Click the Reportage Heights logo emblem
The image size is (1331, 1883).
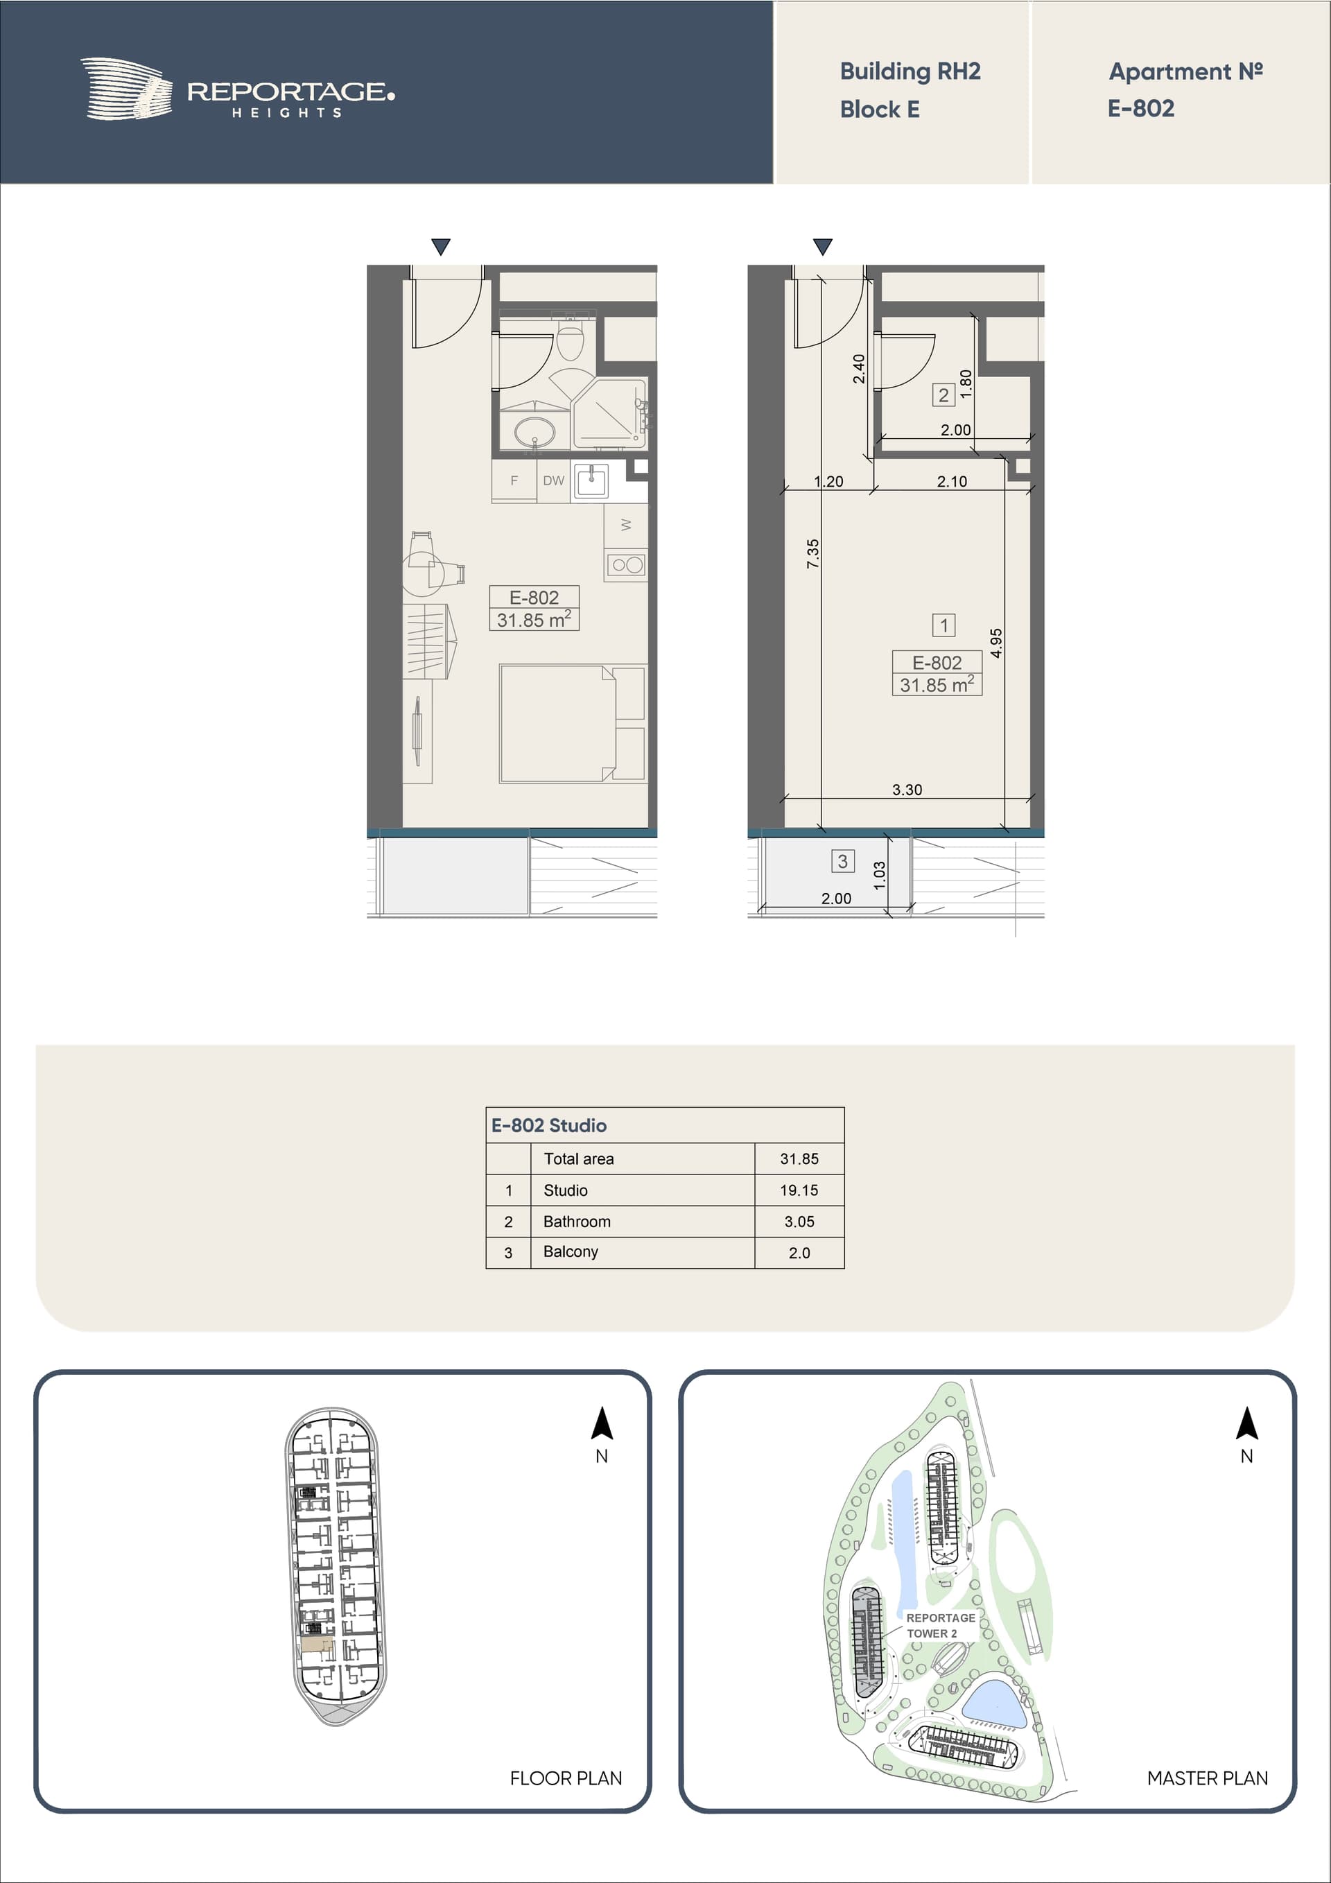click(126, 89)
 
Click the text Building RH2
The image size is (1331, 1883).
click(910, 71)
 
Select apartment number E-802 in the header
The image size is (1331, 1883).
click(1141, 108)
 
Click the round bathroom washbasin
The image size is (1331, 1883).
click(534, 431)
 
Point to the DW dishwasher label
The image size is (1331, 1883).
click(554, 480)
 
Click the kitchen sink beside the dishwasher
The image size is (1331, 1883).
click(591, 480)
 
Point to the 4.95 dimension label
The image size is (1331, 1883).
click(995, 643)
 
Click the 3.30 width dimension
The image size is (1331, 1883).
click(907, 790)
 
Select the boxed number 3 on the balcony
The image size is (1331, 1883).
click(842, 861)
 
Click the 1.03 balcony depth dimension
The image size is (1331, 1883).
click(879, 875)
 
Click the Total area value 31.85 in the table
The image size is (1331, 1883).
click(799, 1159)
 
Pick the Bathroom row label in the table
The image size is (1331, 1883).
click(577, 1221)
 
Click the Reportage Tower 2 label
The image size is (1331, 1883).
click(940, 1624)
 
